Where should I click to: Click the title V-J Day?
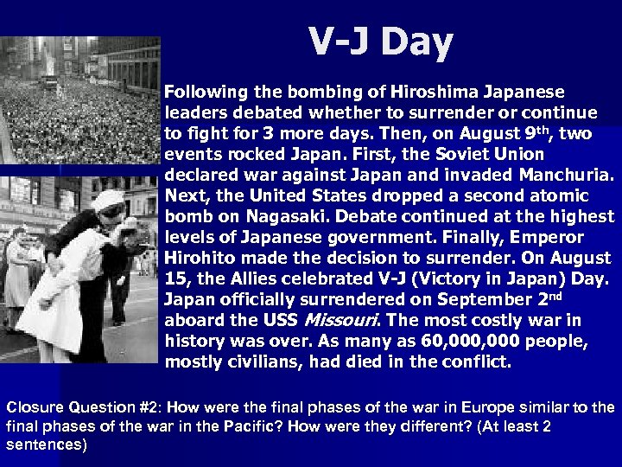coord(380,41)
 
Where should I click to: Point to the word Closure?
coord(31,407)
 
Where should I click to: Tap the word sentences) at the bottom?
coord(47,445)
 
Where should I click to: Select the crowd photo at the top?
coord(82,95)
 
